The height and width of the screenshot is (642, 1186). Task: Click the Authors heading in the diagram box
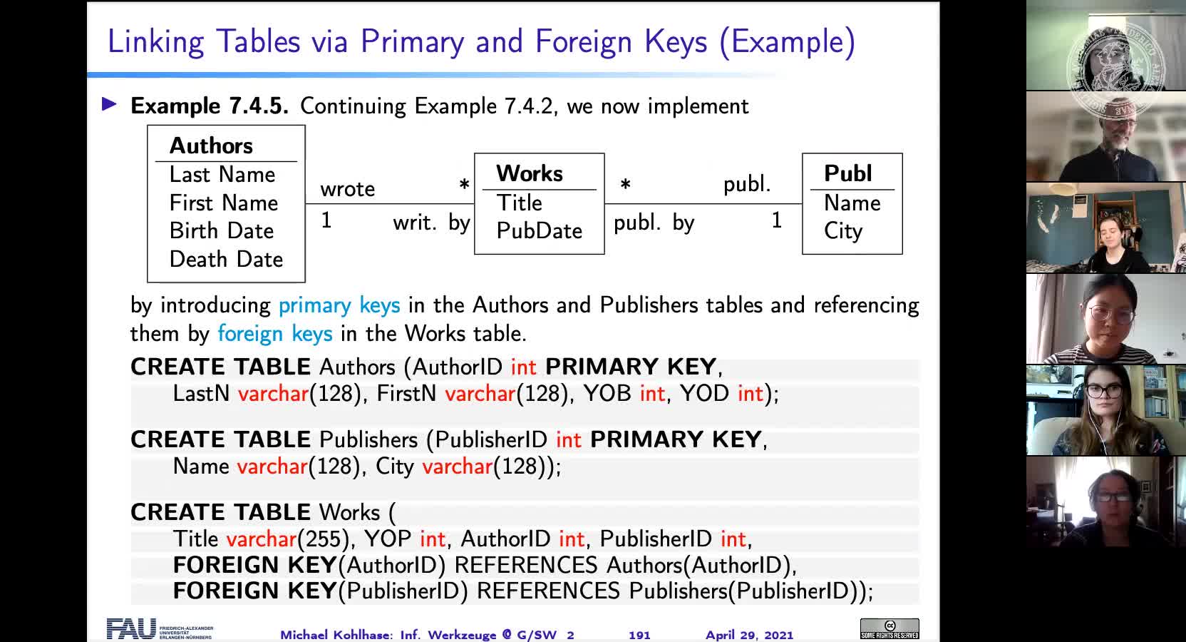pos(211,146)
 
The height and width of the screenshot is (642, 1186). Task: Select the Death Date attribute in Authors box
pos(226,259)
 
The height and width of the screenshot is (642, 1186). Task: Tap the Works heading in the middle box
pos(530,173)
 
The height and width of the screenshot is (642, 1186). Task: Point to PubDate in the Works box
pos(539,230)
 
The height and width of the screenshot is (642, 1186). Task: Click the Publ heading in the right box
pos(847,173)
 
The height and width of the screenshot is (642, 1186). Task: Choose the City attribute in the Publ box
pos(842,231)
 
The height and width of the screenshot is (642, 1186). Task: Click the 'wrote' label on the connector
pos(347,189)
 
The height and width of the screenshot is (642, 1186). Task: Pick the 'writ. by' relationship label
pos(431,223)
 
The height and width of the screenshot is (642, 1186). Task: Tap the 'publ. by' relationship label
pos(654,223)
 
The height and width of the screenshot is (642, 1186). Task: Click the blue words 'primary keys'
pos(339,305)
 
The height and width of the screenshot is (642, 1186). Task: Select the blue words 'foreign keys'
pos(274,334)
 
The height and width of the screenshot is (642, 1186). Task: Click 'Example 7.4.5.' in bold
pos(210,106)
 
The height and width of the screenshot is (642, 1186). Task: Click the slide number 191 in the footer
pos(639,635)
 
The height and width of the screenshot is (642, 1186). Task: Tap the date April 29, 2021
pos(749,635)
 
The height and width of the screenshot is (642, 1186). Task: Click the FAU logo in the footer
pos(131,628)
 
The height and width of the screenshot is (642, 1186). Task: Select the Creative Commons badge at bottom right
pos(889,628)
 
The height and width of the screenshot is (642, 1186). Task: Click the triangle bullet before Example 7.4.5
pos(110,105)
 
